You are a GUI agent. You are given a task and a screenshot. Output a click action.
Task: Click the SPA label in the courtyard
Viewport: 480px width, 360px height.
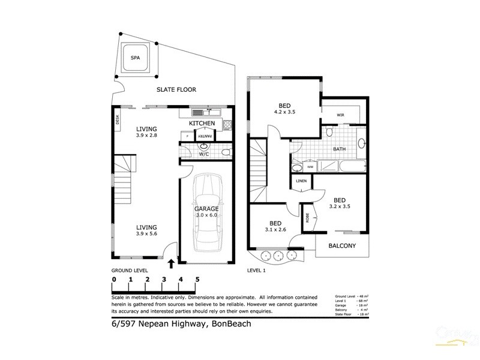[137, 58]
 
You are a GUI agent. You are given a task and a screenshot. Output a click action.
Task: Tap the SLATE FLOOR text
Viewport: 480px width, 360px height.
[176, 90]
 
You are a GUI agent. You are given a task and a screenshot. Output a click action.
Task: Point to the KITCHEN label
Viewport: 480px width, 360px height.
[202, 123]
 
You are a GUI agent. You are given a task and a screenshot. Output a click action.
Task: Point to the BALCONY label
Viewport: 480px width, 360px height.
[342, 246]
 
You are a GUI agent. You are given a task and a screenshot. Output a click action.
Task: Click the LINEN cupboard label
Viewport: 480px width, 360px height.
[301, 180]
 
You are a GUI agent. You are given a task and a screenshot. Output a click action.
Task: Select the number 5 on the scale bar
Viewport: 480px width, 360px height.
[197, 280]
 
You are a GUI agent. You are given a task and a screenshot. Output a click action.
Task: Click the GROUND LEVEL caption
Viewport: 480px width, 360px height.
[130, 271]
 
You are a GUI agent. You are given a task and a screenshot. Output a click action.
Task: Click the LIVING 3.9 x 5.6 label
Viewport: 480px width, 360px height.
[146, 231]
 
